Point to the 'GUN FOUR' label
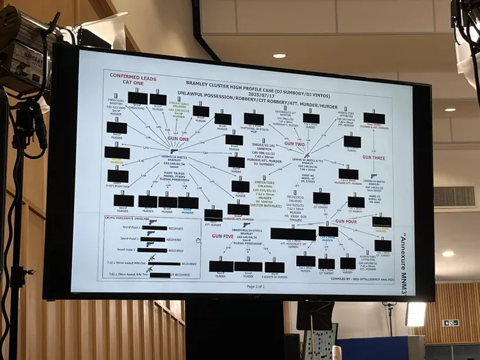(345, 221)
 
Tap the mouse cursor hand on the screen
(198, 240)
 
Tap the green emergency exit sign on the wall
(450, 322)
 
